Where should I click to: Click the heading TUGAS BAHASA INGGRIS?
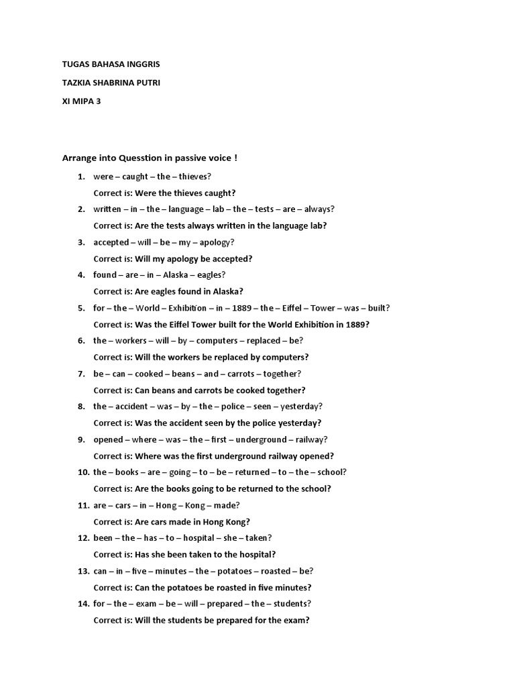pos(111,64)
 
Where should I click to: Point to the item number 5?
pos(81,308)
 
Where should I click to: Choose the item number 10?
pos(83,472)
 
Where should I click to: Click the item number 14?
pos(83,603)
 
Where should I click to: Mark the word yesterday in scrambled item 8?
pos(301,407)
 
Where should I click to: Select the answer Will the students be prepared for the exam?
pos(222,620)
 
